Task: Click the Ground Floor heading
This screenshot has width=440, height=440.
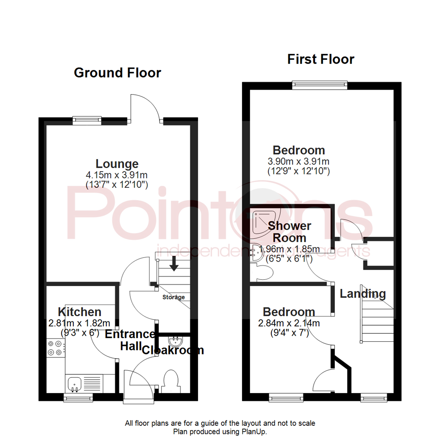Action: coord(117,73)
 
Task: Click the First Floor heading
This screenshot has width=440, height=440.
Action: coord(321,59)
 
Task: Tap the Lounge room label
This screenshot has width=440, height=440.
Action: coord(117,164)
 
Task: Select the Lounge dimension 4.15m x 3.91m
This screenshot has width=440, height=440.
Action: coord(117,175)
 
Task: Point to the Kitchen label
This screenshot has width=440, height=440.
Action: coord(79,312)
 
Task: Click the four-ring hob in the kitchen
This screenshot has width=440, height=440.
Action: coord(56,348)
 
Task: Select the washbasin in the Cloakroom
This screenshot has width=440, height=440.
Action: coord(176,340)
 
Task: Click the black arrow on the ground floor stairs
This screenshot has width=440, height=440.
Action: coord(174,264)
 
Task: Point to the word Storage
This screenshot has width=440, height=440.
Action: coord(174,297)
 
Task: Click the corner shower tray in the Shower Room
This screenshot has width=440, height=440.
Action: coord(261,222)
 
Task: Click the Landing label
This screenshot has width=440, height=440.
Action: coord(363,293)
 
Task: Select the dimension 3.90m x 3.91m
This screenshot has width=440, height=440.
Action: coord(299,162)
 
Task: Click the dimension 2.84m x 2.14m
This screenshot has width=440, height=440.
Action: coord(288,323)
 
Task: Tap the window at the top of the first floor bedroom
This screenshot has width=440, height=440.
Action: coord(320,85)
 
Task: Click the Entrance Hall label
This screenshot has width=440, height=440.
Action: coord(130,340)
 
